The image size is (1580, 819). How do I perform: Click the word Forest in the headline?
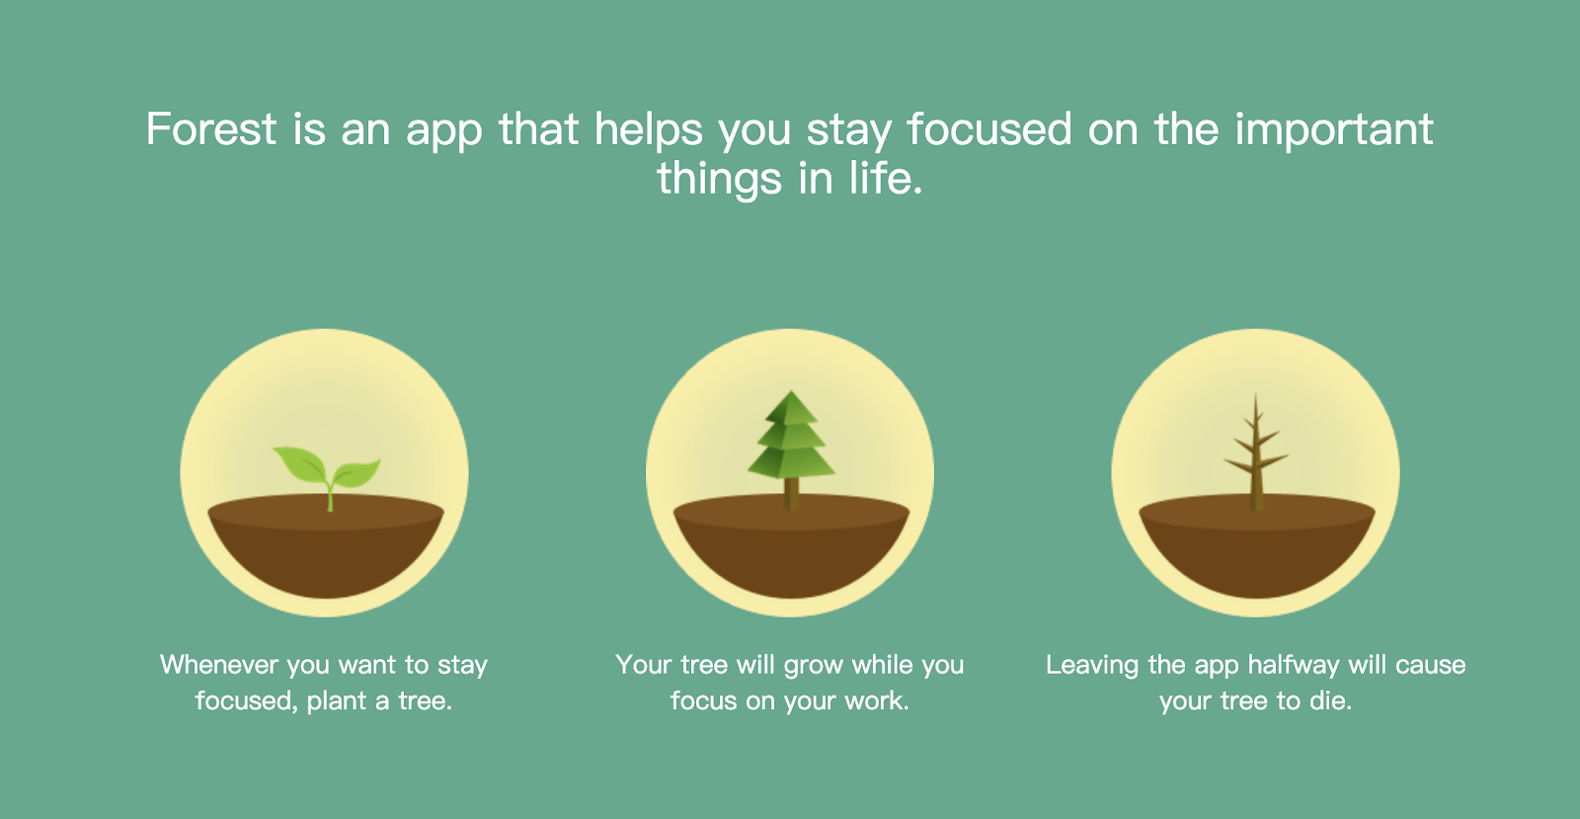[x=211, y=128]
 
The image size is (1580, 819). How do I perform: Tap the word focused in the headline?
[x=988, y=128]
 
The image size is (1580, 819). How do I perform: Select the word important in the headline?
[x=1334, y=129]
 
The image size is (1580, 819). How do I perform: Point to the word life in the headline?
[x=885, y=177]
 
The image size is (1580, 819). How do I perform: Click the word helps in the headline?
[x=648, y=129]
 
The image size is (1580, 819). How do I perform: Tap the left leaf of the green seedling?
[x=300, y=463]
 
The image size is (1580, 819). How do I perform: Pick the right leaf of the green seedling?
[x=356, y=472]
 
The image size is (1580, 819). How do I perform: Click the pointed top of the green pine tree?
[x=791, y=392]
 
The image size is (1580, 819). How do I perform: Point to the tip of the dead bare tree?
[x=1255, y=395]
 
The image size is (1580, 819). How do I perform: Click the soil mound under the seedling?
[x=326, y=545]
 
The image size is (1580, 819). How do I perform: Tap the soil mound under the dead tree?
[x=1257, y=545]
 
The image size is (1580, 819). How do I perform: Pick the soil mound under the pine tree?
[x=791, y=545]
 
